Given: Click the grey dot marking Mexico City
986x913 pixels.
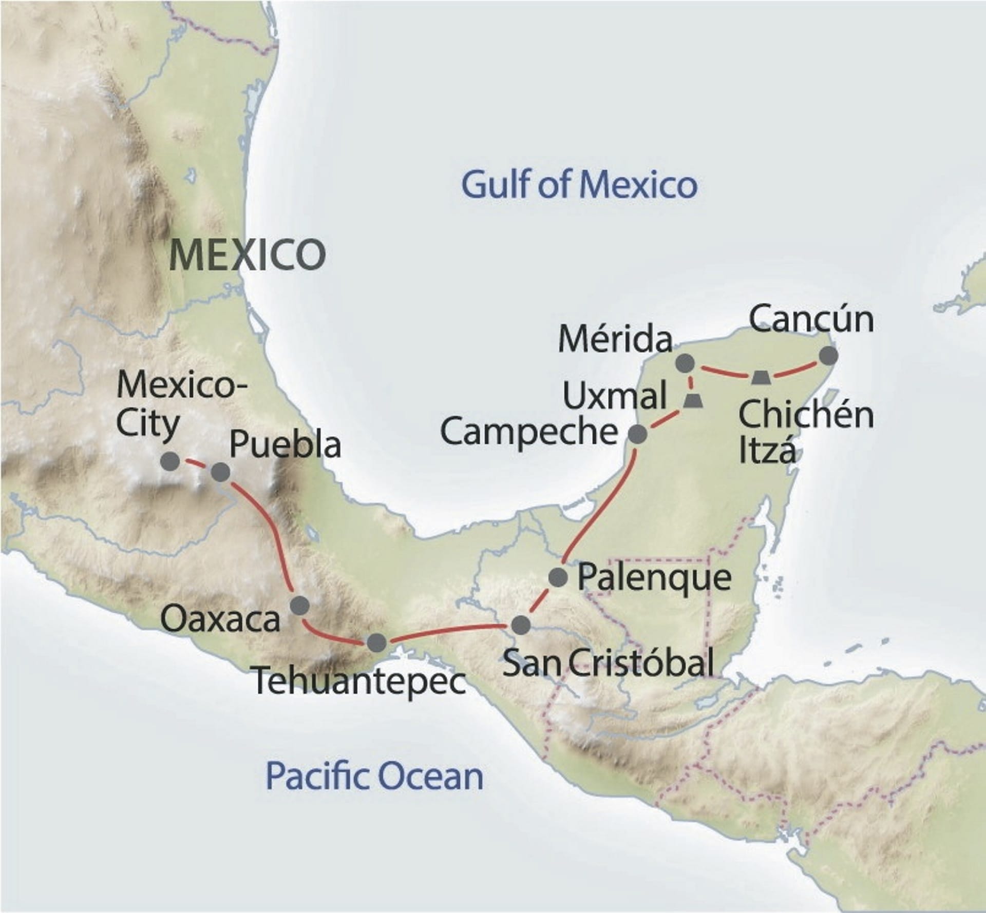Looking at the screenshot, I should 170,461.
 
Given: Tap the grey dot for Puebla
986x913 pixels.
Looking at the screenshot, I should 221,472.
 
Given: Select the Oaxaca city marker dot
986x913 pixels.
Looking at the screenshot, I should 299,606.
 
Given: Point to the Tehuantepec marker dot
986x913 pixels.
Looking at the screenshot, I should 376,643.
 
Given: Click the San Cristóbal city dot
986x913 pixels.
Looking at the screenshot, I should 520,625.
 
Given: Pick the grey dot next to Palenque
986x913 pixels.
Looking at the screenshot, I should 558,577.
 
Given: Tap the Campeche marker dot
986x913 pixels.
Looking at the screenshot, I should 638,434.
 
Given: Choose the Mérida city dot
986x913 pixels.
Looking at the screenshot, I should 685,363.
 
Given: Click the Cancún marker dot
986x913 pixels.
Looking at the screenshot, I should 828,356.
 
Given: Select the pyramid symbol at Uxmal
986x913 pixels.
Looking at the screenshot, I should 693,400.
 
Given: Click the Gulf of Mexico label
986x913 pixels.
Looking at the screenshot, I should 579,185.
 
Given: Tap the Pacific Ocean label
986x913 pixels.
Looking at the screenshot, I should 374,776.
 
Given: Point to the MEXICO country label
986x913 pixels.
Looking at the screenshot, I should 247,255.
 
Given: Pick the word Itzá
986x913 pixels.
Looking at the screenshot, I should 767,451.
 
